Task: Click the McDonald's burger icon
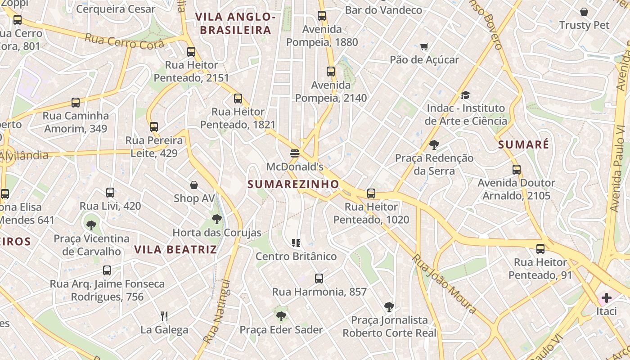pos(295,153)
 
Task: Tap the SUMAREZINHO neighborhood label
pos(293,184)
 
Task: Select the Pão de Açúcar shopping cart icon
pos(424,46)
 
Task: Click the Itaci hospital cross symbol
pos(606,298)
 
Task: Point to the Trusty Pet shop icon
pos(584,12)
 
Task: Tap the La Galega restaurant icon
pos(164,316)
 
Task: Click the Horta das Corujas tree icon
pos(217,220)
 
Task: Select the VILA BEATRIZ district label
pos(175,249)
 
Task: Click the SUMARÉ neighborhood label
pos(524,144)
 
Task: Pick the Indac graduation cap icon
pos(465,95)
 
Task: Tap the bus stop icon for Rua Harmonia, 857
pos(319,279)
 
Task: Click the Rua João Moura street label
pos(444,283)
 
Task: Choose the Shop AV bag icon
pos(194,185)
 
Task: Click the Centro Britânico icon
pos(296,243)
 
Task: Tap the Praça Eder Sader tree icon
pos(281,316)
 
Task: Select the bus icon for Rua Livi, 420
pos(110,193)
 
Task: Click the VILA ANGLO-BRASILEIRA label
pos(235,23)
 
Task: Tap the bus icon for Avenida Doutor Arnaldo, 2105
pos(517,170)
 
